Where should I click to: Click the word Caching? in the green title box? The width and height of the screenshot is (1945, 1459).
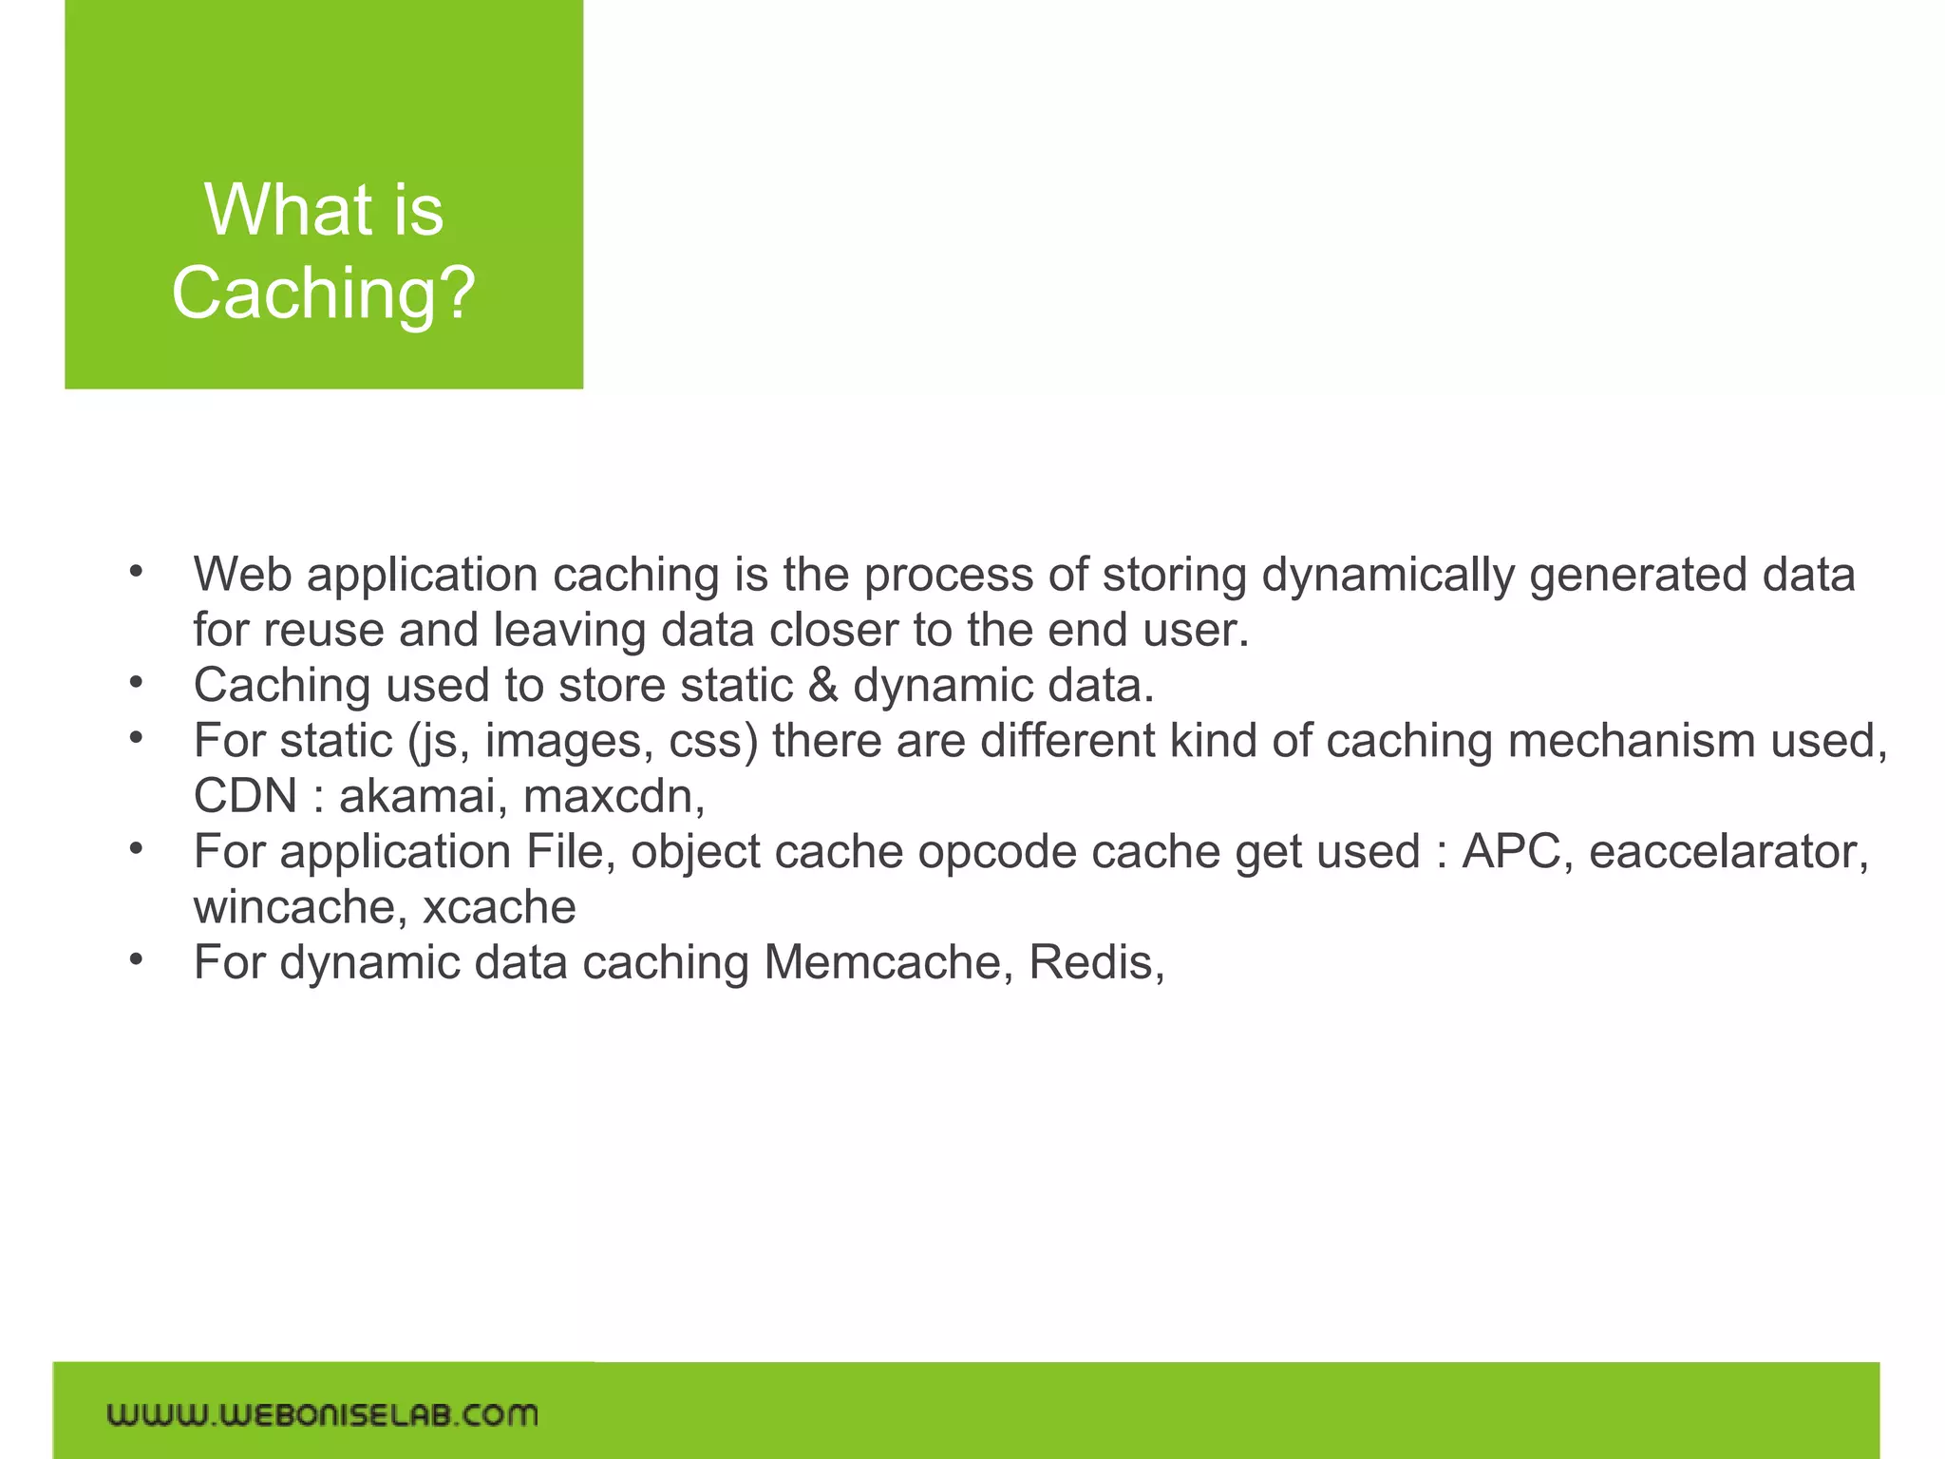[x=323, y=293]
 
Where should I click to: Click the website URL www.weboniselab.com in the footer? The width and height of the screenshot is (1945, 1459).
[x=322, y=1414]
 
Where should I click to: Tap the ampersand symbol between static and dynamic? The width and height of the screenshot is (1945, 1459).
[x=822, y=686]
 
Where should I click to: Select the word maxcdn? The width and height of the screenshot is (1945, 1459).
[x=614, y=796]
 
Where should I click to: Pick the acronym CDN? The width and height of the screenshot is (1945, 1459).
[x=246, y=796]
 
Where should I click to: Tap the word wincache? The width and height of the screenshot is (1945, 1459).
[x=300, y=907]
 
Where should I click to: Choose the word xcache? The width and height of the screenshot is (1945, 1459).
[x=499, y=907]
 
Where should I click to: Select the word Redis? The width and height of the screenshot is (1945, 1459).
[x=1097, y=962]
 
